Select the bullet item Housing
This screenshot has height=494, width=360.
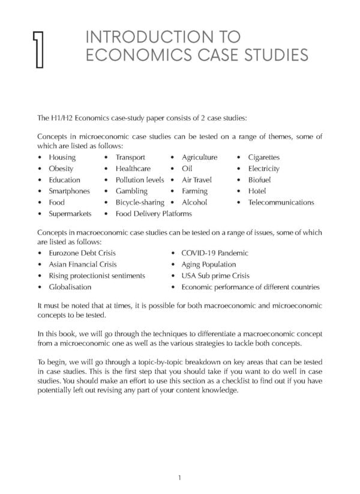(x=62, y=157)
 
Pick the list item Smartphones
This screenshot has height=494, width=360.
(x=69, y=191)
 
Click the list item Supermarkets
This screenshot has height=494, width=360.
(x=70, y=214)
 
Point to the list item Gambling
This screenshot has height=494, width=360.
(x=131, y=191)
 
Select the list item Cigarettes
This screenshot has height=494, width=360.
(x=264, y=157)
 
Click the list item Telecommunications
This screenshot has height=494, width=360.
(x=281, y=202)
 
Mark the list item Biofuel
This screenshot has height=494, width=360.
(x=260, y=180)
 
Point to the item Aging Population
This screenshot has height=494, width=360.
(x=208, y=265)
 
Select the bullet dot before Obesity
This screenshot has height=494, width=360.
(x=40, y=169)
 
